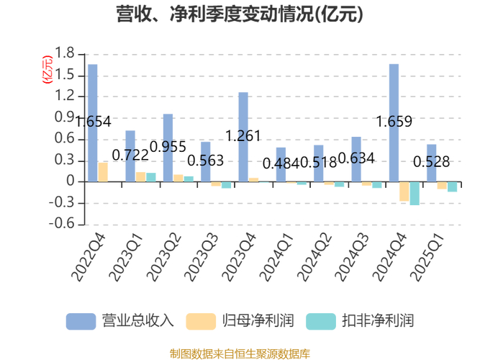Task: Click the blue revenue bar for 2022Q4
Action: pyautogui.click(x=93, y=122)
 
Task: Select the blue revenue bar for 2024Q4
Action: pyautogui.click(x=394, y=122)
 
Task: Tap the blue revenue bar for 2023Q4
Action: pyautogui.click(x=243, y=137)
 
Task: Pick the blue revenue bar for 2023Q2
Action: pyautogui.click(x=168, y=148)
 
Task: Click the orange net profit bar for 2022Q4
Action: pyautogui.click(x=103, y=172)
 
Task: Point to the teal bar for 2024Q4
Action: pyautogui.click(x=415, y=194)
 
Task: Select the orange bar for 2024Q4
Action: pyautogui.click(x=404, y=192)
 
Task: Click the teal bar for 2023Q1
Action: pyautogui.click(x=151, y=177)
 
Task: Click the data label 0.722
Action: pyautogui.click(x=132, y=155)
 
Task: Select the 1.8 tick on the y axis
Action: pyautogui.click(x=65, y=53)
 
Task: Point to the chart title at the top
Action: pyautogui.click(x=240, y=14)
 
